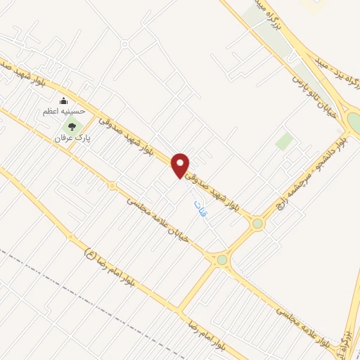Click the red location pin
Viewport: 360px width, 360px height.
click(181, 165)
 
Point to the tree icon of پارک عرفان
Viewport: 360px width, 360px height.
click(72, 127)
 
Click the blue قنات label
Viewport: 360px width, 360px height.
click(201, 209)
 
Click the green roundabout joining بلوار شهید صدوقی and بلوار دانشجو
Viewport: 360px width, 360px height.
click(258, 224)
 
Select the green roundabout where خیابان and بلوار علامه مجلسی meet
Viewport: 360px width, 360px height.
click(222, 260)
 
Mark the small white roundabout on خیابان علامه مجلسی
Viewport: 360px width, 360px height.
click(112, 186)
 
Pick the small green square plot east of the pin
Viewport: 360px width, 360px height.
click(284, 141)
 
